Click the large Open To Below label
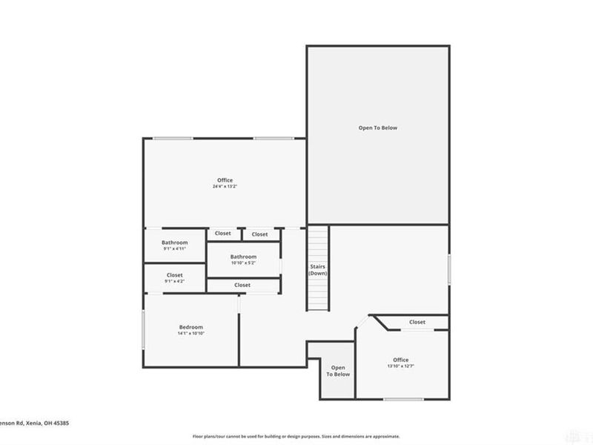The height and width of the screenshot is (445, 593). (x=378, y=128)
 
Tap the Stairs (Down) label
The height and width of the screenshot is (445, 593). (x=318, y=270)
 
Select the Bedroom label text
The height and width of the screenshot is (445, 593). (x=191, y=327)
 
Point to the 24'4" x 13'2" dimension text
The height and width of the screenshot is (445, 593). (x=225, y=187)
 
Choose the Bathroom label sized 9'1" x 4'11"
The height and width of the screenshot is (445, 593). (x=175, y=243)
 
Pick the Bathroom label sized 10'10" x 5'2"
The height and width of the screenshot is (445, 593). (x=243, y=257)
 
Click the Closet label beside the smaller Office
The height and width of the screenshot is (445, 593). (x=417, y=322)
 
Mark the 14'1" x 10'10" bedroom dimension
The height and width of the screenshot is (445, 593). (x=191, y=334)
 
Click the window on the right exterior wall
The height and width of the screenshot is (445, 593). (x=448, y=268)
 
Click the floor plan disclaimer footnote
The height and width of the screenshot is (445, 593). (x=296, y=436)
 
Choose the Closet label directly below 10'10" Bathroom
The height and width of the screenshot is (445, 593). (x=242, y=285)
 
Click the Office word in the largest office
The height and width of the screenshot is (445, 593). (x=225, y=180)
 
